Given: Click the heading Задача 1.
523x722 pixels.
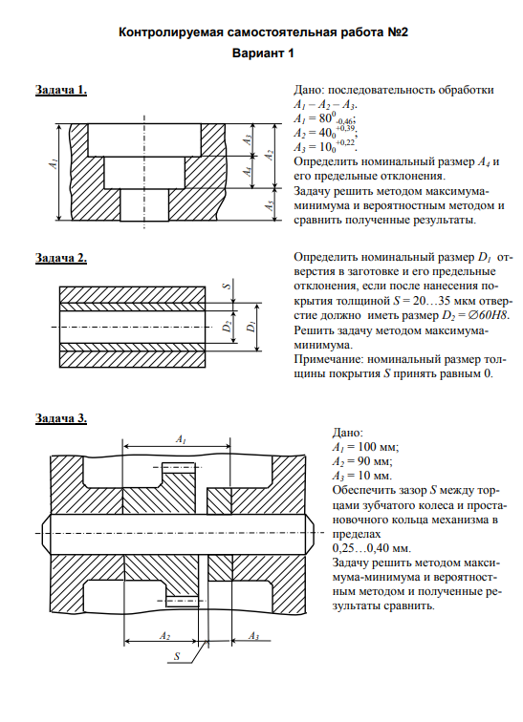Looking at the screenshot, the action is (x=61, y=90).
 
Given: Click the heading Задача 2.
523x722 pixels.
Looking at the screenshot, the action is (x=61, y=258).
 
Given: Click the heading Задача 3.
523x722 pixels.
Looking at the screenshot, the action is (x=61, y=418).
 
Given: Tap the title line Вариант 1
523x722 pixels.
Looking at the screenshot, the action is (x=263, y=53).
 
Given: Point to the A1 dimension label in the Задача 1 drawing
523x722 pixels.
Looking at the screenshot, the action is (x=54, y=163).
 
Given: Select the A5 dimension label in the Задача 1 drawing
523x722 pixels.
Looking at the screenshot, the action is (x=271, y=205).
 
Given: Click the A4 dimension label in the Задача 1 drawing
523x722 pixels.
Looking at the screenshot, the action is (x=249, y=171).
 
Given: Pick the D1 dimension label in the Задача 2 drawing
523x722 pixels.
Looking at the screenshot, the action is (x=251, y=327).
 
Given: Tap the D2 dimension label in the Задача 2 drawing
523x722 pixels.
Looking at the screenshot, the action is (x=228, y=327).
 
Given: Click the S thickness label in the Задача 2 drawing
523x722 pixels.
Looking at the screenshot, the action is (x=227, y=286).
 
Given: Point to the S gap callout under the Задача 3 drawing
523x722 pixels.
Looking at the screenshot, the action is (x=177, y=656).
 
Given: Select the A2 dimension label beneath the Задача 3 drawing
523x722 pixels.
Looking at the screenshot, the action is (x=165, y=636).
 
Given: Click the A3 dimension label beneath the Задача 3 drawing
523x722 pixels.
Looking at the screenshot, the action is (x=254, y=636).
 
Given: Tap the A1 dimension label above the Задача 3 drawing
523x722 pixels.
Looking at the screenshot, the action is (x=181, y=439).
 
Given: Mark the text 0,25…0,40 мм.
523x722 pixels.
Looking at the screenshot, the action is (x=371, y=548).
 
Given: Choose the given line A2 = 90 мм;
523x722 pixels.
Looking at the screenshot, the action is (x=362, y=461).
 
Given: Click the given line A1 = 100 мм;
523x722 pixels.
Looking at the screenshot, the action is (x=366, y=447).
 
